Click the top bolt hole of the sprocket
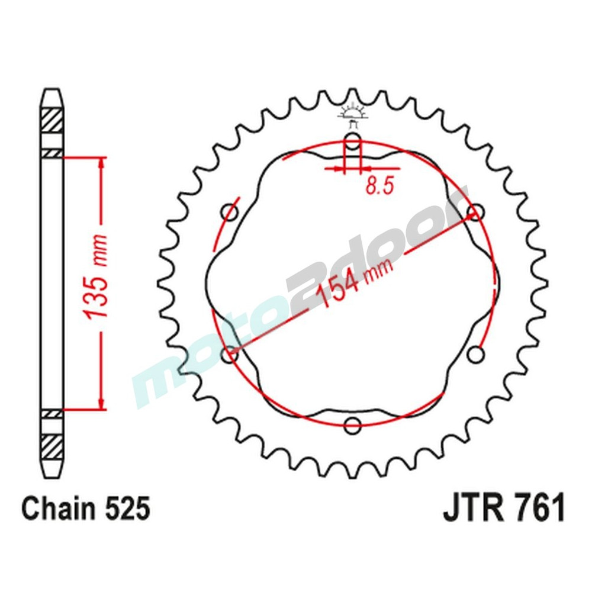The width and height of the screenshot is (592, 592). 353,142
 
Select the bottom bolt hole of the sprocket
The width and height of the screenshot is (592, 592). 353,424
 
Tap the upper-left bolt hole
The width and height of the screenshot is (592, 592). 230,212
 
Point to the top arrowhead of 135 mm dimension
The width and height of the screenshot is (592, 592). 102,163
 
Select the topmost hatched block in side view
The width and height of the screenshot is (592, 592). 52,122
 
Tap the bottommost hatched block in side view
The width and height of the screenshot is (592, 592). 52,445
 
